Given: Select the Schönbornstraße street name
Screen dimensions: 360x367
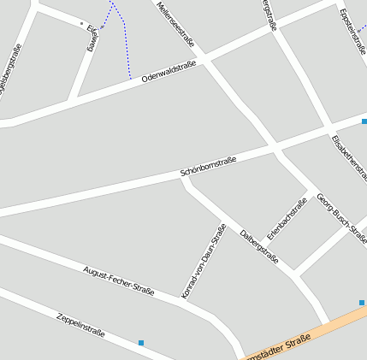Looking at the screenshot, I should (208, 167).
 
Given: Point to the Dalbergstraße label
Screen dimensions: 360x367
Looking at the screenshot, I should (259, 246).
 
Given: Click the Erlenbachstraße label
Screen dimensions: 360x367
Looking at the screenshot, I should (287, 218).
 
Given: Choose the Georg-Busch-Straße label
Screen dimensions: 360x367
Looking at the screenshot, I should (340, 217).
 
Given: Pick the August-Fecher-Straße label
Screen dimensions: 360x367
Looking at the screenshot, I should (118, 280).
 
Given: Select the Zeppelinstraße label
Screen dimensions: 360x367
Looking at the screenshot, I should (80, 324).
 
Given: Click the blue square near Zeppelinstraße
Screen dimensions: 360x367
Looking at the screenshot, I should (141, 343).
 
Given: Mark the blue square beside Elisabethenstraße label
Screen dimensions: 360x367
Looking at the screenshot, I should (364, 121).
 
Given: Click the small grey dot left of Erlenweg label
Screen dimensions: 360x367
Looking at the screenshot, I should (81, 23).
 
